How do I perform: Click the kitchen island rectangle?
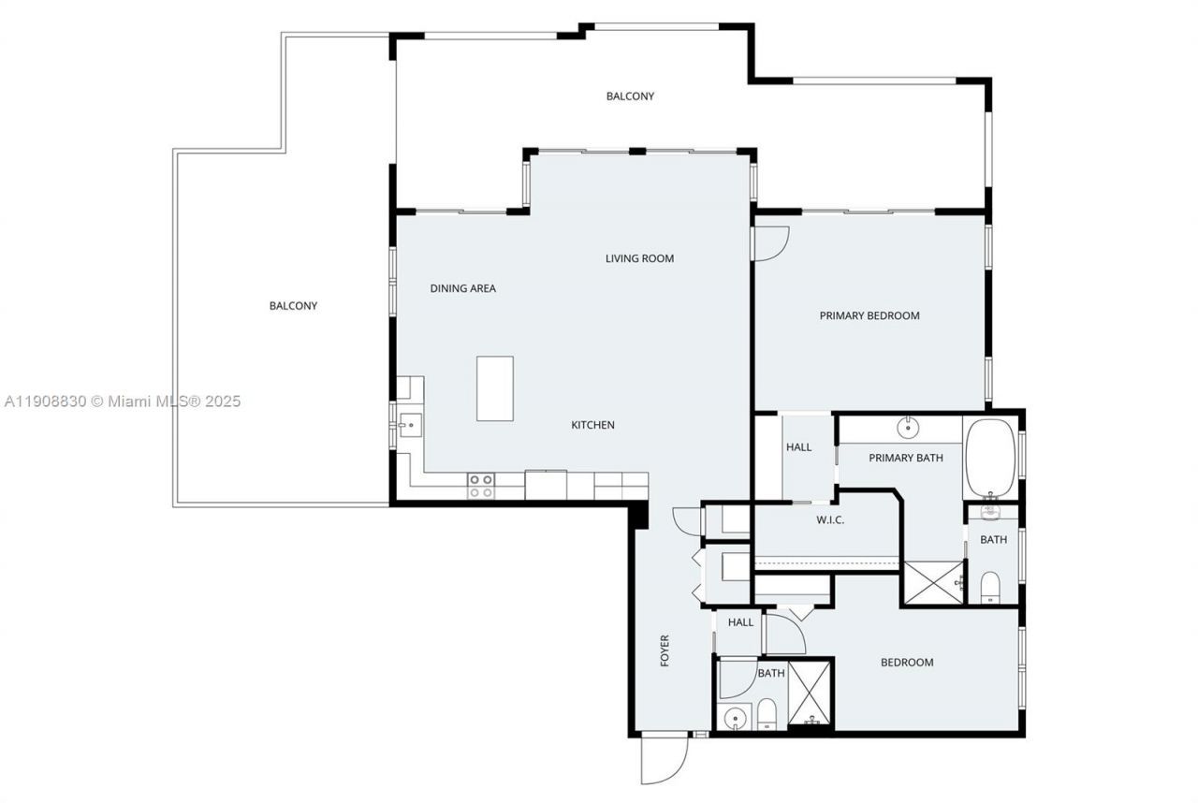pyautogui.click(x=494, y=388)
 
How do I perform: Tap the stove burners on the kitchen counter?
pyautogui.click(x=481, y=486)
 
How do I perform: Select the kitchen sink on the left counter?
pyautogui.click(x=408, y=426)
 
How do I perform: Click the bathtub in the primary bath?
pyautogui.click(x=990, y=457)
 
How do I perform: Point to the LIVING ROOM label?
pyautogui.click(x=639, y=258)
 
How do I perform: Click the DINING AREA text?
pyautogui.click(x=462, y=288)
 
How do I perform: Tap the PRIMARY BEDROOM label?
pyautogui.click(x=869, y=315)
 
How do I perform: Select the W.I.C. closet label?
pyautogui.click(x=829, y=519)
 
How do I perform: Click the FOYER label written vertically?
pyautogui.click(x=665, y=650)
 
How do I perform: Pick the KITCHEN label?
pyautogui.click(x=592, y=425)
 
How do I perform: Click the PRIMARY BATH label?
pyautogui.click(x=905, y=458)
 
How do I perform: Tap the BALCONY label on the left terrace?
pyautogui.click(x=293, y=305)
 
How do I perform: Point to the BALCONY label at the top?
pyautogui.click(x=630, y=95)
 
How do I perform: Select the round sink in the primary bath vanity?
pyautogui.click(x=908, y=429)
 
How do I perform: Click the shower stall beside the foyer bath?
pyautogui.click(x=810, y=694)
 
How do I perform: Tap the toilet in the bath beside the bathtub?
pyautogui.click(x=990, y=586)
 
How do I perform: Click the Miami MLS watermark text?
pyautogui.click(x=122, y=401)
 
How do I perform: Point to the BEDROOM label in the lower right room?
pyautogui.click(x=906, y=663)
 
